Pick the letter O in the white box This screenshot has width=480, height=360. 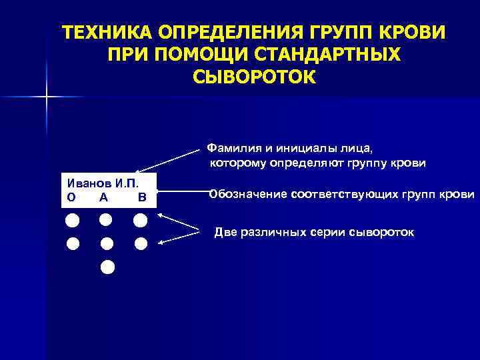coord(71,197)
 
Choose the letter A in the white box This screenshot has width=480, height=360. coord(103,197)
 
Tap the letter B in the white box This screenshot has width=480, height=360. coord(141,197)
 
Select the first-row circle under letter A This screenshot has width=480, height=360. coord(105,219)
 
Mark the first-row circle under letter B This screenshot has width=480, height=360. coord(140,220)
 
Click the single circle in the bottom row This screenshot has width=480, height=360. coord(107,267)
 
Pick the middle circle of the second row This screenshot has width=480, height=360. coord(107,244)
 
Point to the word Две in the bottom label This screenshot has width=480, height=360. coord(225,232)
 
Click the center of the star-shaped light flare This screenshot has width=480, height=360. coord(47,97)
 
